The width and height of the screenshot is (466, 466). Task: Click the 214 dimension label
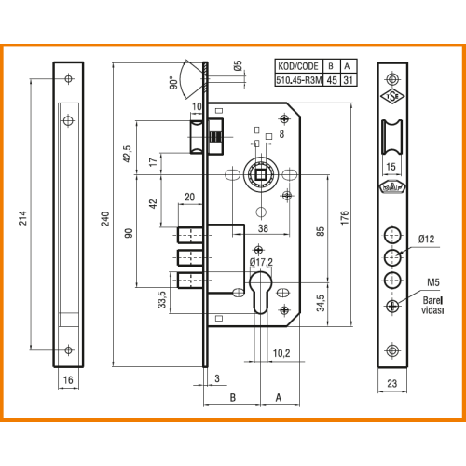coord(23,218)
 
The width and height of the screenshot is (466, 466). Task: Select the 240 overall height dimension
coord(105,219)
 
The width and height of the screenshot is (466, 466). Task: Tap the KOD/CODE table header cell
coord(298,66)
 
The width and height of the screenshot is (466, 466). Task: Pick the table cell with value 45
coord(332,80)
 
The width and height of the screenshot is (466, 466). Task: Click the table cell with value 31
coord(349,80)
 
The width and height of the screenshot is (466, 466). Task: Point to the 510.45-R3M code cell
coord(299,80)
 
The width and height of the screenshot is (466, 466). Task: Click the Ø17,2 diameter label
coord(261,262)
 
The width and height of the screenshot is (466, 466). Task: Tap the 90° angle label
coord(174,83)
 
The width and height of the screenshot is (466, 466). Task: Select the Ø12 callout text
coord(426,239)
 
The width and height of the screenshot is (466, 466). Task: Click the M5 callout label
coord(433,282)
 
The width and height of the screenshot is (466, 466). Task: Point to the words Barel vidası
coord(432,305)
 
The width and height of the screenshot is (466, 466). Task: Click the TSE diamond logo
coord(392,97)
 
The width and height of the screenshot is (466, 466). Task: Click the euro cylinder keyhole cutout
coord(261,293)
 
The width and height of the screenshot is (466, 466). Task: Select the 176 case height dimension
coord(345,218)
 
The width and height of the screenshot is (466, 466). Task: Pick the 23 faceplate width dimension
coord(392,383)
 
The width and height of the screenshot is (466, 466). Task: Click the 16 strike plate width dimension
coord(68,379)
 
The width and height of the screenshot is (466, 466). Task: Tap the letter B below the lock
coord(233,397)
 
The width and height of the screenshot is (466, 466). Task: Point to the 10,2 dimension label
coord(281,353)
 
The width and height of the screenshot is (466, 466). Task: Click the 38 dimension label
coord(263,228)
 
